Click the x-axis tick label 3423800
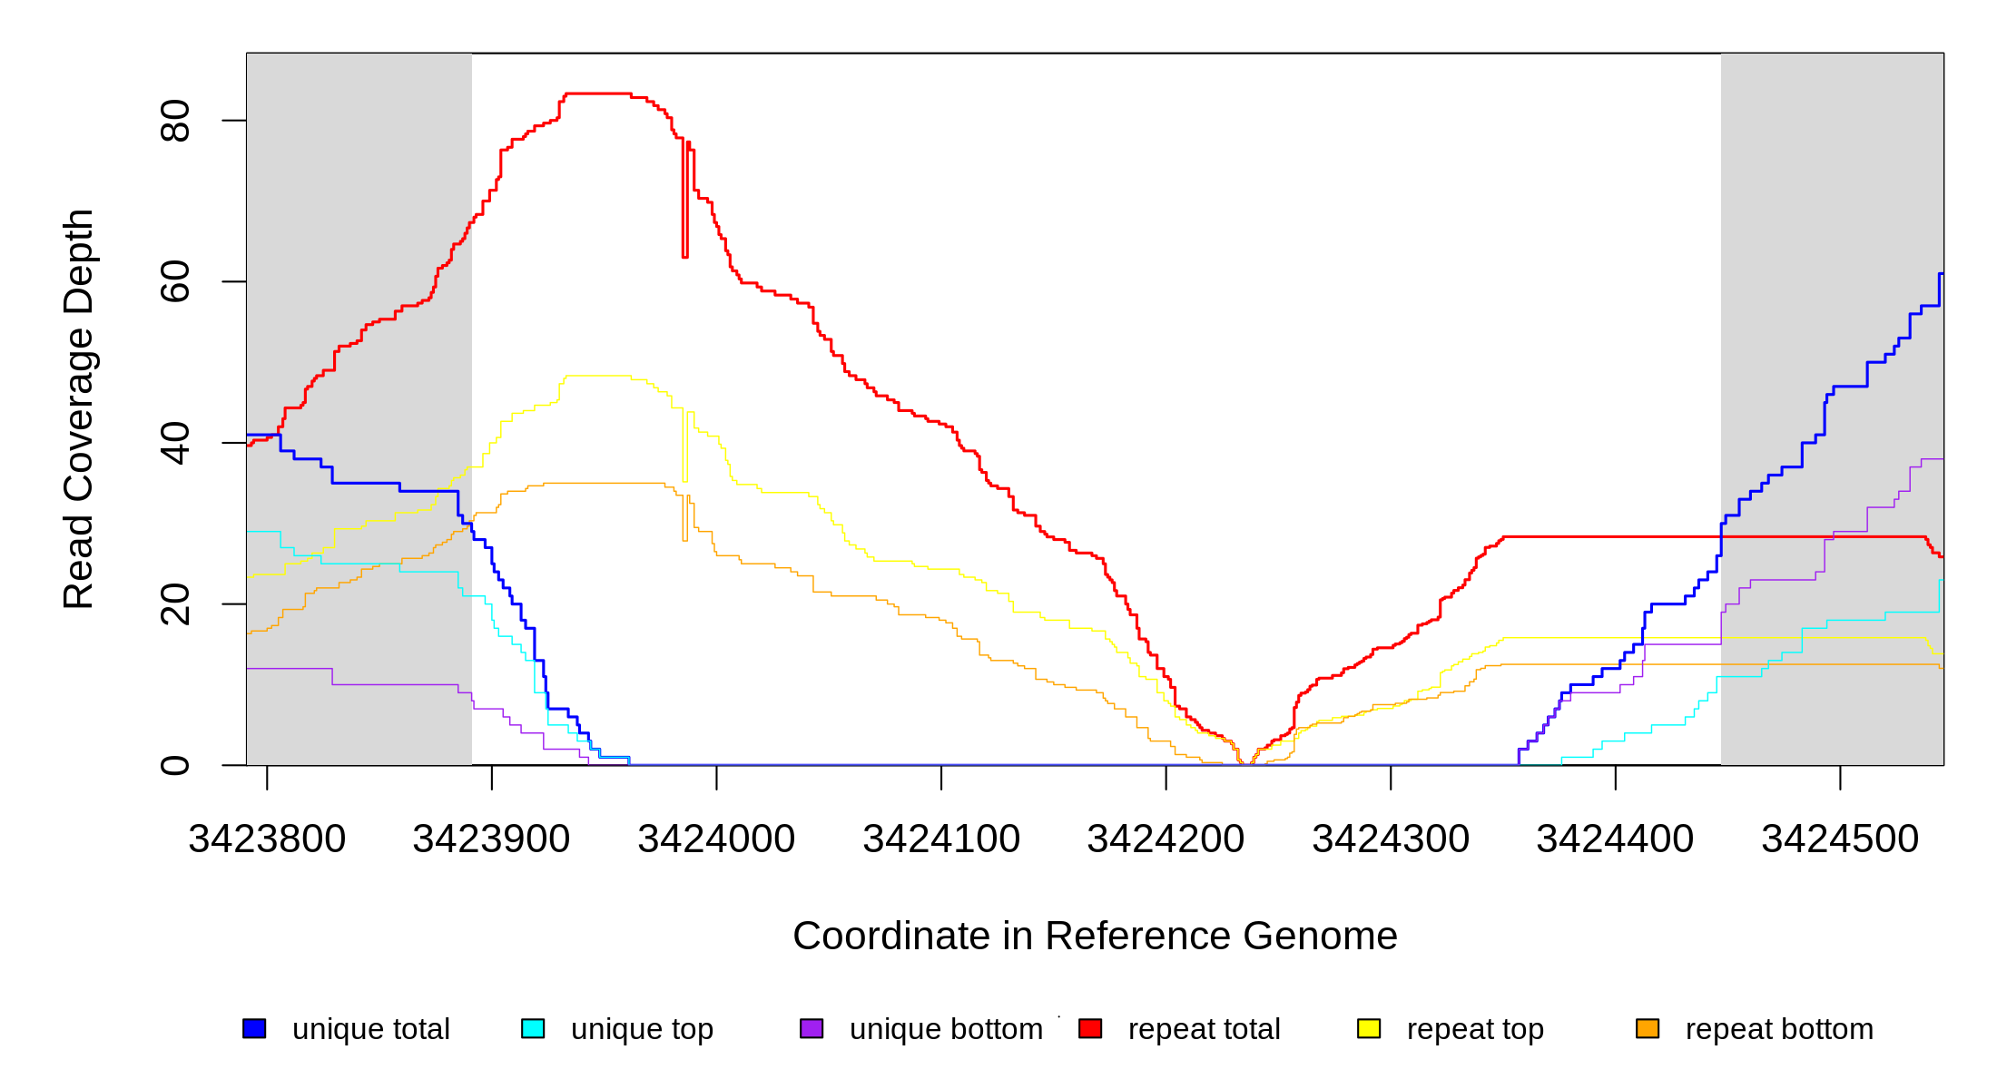(x=267, y=839)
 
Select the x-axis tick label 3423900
(x=491, y=839)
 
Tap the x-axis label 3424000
(x=716, y=839)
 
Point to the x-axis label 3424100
(x=941, y=839)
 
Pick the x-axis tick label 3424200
(x=1166, y=839)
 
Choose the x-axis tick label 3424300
(x=1391, y=839)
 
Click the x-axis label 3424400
(x=1615, y=839)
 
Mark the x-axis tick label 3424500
(x=1840, y=839)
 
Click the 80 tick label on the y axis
(x=175, y=121)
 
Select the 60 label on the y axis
(x=175, y=281)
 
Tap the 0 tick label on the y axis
(x=175, y=765)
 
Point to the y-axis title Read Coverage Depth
(x=79, y=408)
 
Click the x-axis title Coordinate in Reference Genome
(x=1095, y=936)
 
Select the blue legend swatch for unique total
(x=254, y=1028)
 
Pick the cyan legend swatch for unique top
(x=533, y=1028)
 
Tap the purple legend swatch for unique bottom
(x=812, y=1028)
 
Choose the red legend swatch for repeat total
(x=1090, y=1028)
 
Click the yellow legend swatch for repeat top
(x=1369, y=1028)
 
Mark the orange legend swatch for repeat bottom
(x=1648, y=1028)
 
